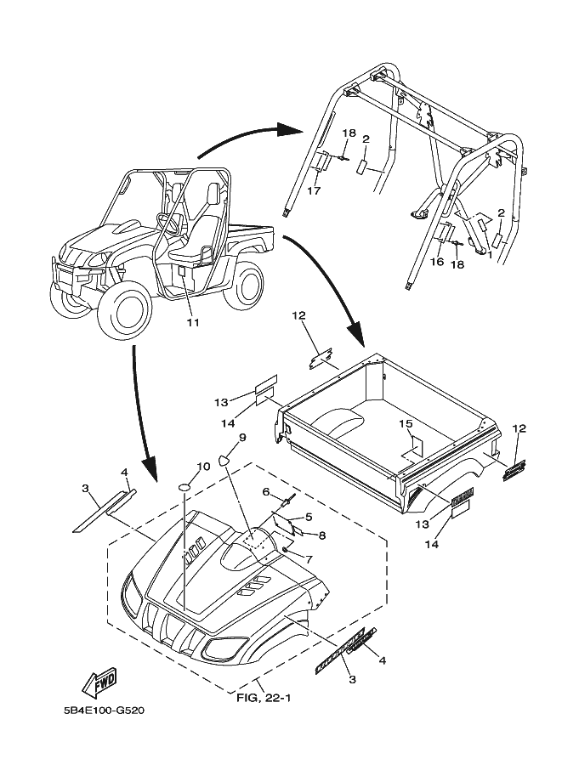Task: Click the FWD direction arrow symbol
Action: [99, 682]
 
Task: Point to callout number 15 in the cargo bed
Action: [406, 423]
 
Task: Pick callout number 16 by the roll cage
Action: [436, 263]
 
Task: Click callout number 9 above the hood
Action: [242, 438]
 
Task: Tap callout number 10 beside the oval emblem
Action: [203, 467]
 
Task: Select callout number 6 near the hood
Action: [266, 492]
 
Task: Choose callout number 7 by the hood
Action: [308, 559]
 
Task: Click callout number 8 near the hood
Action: [322, 535]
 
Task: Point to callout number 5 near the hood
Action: [308, 516]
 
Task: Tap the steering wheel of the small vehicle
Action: [169, 224]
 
